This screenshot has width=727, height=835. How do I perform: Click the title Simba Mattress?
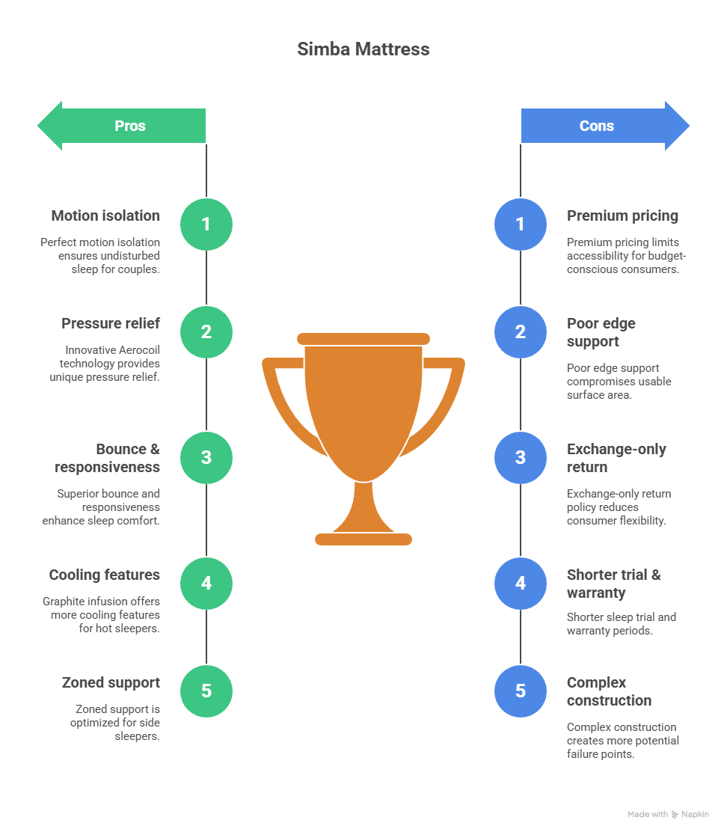(363, 49)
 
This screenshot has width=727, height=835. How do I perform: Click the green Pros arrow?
(123, 126)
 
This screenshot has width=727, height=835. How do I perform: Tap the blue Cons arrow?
(603, 126)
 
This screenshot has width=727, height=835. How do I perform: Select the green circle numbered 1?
(206, 224)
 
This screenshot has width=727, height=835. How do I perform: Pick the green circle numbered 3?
(206, 457)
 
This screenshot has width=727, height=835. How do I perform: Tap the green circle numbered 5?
(206, 691)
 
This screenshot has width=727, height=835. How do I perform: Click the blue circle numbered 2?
(521, 331)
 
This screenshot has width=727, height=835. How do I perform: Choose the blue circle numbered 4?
(521, 583)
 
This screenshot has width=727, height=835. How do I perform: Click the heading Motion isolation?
(105, 215)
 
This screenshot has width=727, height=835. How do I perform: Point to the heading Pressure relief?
(111, 323)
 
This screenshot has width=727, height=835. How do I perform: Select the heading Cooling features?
(105, 575)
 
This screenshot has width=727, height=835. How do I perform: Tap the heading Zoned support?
(111, 682)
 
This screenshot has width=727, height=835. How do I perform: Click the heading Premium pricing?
(622, 215)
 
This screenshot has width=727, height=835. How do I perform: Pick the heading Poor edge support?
(601, 332)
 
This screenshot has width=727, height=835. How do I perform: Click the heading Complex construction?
(609, 691)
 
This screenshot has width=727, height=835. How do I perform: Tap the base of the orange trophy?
(363, 539)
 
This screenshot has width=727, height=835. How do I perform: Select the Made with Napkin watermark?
(668, 814)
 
